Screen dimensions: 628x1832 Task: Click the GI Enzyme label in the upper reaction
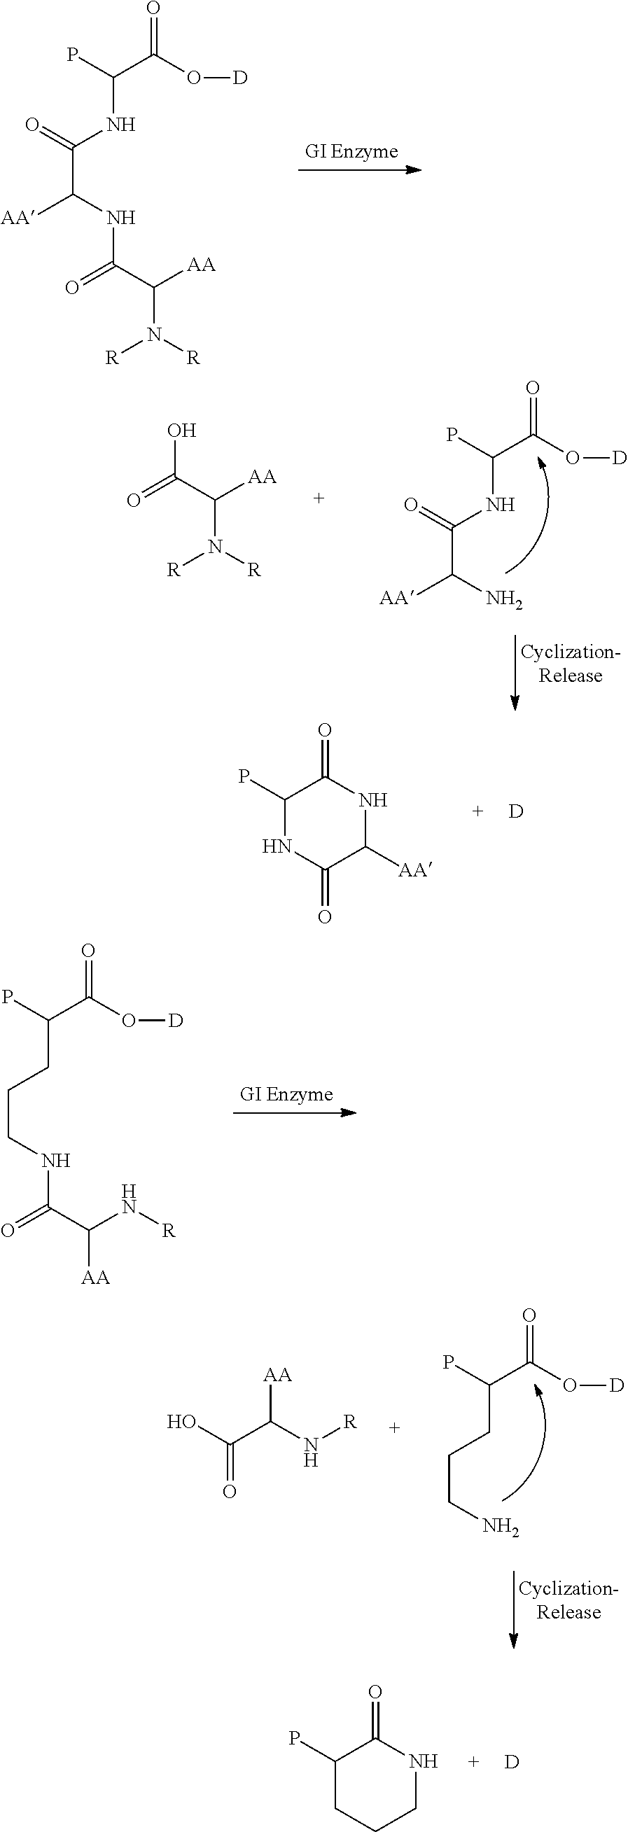[x=351, y=151]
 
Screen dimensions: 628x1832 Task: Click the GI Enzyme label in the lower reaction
[x=286, y=1093]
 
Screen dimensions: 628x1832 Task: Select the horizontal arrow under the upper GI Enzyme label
[x=360, y=170]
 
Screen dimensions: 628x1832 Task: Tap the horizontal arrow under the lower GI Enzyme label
[x=295, y=1112]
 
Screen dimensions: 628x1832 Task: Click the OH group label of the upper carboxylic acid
[x=181, y=431]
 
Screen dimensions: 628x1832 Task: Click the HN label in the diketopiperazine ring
[x=277, y=846]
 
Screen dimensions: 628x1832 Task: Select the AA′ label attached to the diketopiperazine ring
[x=416, y=870]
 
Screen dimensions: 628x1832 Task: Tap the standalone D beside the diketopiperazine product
[x=515, y=811]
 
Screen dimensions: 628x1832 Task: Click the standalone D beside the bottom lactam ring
[x=512, y=1761]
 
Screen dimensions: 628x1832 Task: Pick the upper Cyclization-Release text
[x=571, y=664]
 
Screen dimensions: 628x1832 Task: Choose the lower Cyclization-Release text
[x=568, y=1600]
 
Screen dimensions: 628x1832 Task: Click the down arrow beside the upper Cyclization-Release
[x=515, y=673]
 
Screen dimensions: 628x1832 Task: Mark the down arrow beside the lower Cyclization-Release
[x=513, y=1610]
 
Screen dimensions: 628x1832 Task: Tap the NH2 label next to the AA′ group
[x=504, y=599]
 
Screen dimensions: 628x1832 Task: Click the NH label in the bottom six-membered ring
[x=423, y=1761]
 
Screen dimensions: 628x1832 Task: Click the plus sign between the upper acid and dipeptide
[x=319, y=498]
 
